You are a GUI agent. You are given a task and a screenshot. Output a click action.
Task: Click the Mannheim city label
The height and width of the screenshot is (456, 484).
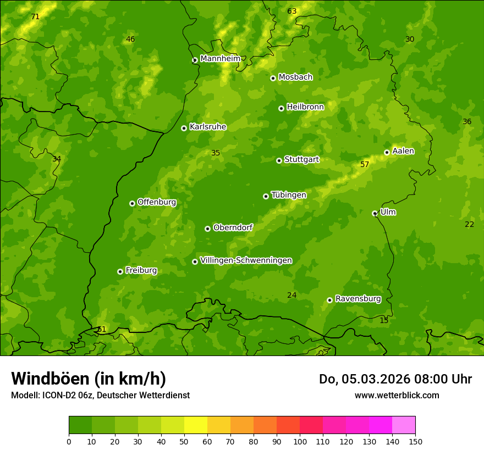(x=220, y=59)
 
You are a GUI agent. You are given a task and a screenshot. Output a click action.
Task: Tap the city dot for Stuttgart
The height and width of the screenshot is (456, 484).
(x=279, y=160)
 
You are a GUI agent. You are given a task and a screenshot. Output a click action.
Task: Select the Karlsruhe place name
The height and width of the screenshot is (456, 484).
(x=207, y=127)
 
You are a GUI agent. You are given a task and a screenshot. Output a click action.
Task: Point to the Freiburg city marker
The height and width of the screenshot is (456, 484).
(x=120, y=271)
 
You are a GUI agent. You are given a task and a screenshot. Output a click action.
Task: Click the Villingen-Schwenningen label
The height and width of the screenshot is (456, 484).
(x=246, y=260)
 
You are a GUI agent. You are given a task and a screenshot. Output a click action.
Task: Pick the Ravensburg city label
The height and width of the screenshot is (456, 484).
(x=358, y=299)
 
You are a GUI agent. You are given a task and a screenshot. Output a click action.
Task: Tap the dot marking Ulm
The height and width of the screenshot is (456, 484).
(x=375, y=213)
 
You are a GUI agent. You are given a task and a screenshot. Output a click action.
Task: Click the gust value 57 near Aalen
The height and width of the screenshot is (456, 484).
(x=365, y=164)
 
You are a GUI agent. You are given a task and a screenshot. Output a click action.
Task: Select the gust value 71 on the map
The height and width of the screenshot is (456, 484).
(x=35, y=17)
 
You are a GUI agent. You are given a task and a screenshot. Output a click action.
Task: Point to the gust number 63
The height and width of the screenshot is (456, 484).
(x=292, y=11)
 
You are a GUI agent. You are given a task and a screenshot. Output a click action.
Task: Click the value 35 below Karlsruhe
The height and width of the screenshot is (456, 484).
(x=216, y=153)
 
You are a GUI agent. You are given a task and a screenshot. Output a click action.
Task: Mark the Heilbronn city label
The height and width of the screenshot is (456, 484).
(x=305, y=107)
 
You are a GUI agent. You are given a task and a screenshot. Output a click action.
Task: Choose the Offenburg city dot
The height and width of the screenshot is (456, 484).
(x=132, y=203)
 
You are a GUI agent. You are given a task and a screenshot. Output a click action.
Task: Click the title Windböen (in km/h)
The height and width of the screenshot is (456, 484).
(x=89, y=379)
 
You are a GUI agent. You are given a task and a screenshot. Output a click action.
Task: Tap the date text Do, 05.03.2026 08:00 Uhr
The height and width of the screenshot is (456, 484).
(x=395, y=379)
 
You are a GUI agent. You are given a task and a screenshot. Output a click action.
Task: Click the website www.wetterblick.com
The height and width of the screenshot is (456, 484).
(x=397, y=395)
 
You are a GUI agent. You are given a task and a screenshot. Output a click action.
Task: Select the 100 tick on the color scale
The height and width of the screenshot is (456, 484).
(x=300, y=441)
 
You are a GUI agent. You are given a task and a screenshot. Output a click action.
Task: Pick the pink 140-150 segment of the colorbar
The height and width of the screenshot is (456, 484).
(x=404, y=425)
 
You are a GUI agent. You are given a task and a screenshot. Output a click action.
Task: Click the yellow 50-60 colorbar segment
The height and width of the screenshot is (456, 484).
(x=196, y=425)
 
